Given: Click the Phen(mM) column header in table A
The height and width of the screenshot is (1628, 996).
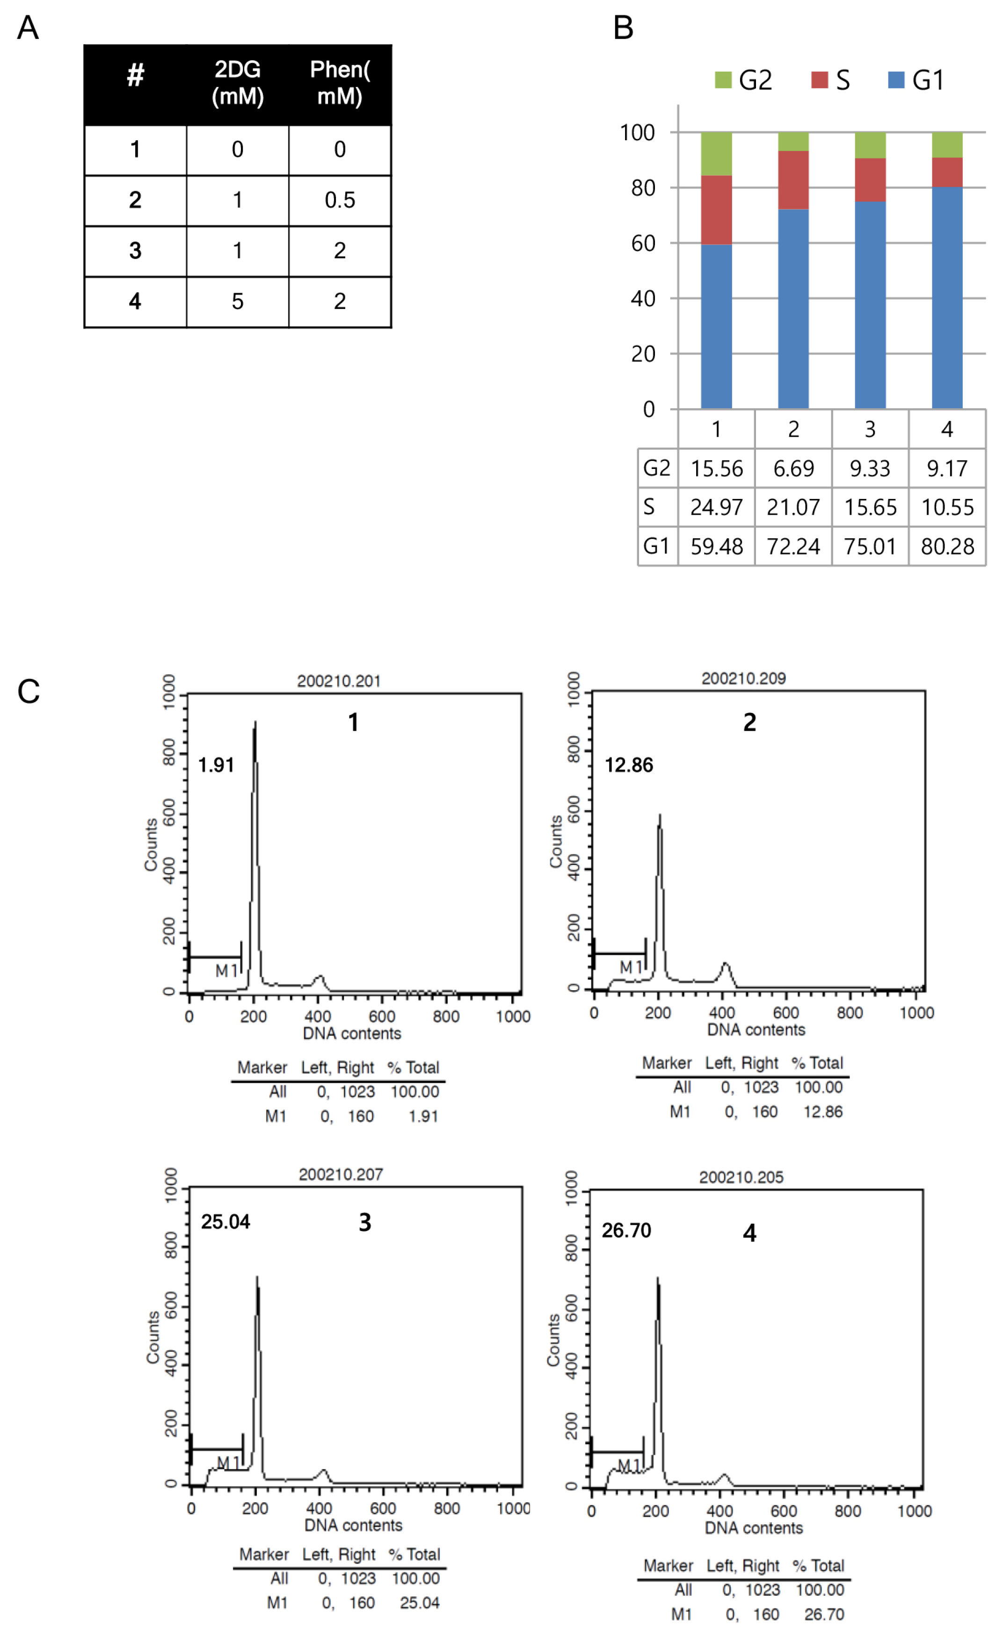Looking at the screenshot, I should (339, 83).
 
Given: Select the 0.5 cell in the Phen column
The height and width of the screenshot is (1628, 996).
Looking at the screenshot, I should (339, 200).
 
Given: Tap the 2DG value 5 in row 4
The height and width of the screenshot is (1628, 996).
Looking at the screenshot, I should (237, 301).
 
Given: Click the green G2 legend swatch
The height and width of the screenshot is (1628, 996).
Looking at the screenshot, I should (723, 80).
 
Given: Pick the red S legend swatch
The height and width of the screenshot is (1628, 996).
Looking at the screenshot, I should (820, 80).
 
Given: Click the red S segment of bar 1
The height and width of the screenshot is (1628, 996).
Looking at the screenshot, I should (716, 210).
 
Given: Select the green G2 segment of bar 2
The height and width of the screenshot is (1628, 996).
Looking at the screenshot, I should (793, 141).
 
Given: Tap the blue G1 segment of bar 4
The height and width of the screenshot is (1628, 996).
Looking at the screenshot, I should (946, 297).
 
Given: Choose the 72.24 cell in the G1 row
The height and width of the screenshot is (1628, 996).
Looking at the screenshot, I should (793, 547).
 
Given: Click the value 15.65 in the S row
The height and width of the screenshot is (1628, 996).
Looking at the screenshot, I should (870, 507).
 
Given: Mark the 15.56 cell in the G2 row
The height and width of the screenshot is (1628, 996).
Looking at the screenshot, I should (716, 468).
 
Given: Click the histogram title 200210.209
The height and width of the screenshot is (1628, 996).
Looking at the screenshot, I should (743, 678).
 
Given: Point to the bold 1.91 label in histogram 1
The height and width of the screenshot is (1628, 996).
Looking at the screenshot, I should (216, 765).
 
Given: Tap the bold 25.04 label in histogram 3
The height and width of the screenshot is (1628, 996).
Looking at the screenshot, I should (225, 1222).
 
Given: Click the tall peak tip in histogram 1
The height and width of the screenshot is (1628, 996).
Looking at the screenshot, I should (255, 723).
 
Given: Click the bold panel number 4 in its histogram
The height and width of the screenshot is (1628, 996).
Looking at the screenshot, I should (749, 1233).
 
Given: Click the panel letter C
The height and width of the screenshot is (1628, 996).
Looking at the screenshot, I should (29, 692).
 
